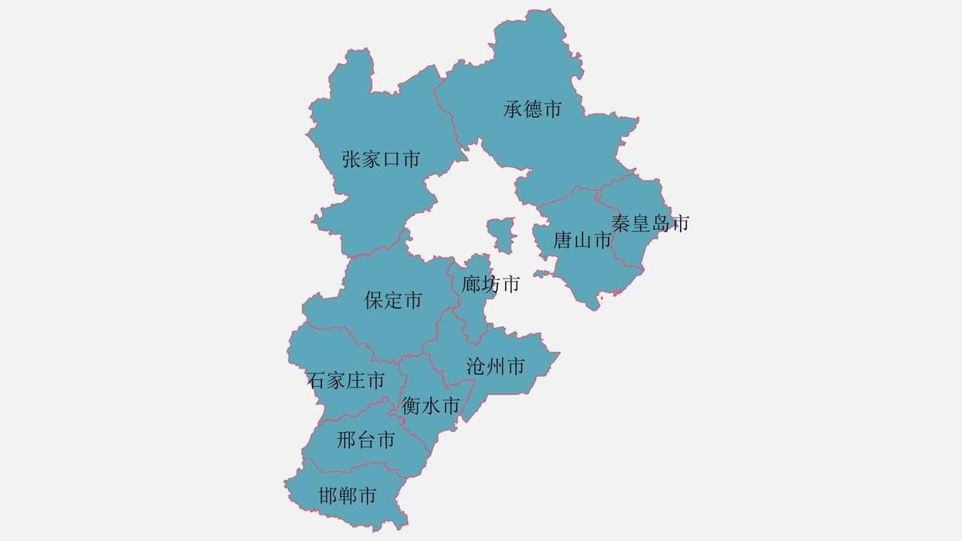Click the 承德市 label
(532, 110)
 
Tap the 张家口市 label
(381, 159)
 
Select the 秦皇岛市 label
(650, 224)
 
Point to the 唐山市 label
(582, 241)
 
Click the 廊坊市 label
(490, 285)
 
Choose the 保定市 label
(393, 300)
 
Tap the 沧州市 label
(496, 366)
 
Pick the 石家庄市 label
(345, 381)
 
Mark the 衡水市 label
(430, 406)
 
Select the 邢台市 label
(366, 440)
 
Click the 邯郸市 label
(347, 495)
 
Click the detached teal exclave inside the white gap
(500, 235)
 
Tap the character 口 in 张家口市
(391, 159)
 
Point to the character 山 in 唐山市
(582, 241)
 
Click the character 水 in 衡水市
(431, 406)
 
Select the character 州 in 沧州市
(496, 366)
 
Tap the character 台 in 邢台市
(366, 440)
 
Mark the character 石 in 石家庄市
(316, 381)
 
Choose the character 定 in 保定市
(393, 300)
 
